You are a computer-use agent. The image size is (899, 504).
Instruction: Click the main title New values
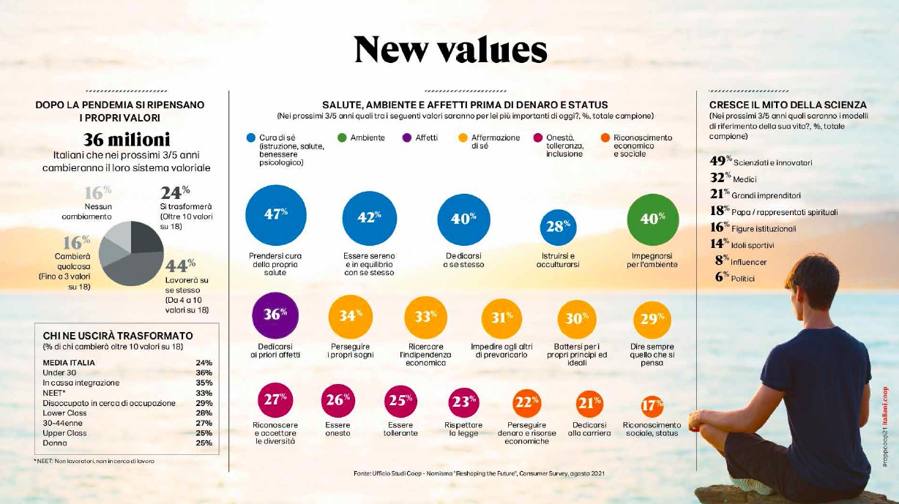tap(449, 50)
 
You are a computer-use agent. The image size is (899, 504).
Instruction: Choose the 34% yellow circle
tap(351, 317)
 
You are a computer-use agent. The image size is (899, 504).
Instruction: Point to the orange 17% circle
tap(652, 405)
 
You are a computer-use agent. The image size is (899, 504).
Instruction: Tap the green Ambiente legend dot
tap(341, 138)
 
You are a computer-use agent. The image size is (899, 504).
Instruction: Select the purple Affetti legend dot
tap(407, 138)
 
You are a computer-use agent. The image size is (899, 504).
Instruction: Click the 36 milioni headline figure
tap(126, 139)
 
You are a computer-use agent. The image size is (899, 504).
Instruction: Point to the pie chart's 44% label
tap(181, 264)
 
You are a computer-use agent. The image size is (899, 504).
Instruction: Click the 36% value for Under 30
tap(204, 372)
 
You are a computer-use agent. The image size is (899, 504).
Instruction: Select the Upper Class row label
tap(64, 433)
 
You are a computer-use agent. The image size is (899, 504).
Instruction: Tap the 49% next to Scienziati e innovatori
tap(720, 161)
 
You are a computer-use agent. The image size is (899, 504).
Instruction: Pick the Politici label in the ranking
tap(742, 279)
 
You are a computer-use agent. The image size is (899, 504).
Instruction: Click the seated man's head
tap(813, 282)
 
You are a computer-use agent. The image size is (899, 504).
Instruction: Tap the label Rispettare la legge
tap(463, 429)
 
